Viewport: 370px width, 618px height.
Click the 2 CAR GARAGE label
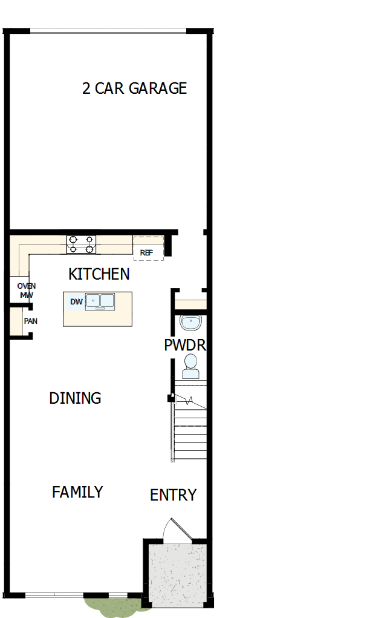point(134,88)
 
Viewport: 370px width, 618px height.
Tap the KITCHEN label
point(99,274)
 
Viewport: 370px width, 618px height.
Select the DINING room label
point(75,398)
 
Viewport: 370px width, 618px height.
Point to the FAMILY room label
point(77,492)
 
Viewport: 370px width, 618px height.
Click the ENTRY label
point(173,495)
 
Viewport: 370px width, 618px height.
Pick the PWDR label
point(185,346)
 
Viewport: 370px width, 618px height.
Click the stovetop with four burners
point(81,244)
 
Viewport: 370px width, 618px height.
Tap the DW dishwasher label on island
point(76,301)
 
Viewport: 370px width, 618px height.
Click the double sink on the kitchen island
point(100,301)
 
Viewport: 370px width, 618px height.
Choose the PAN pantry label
point(30,321)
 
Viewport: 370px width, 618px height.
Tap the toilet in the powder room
point(190,366)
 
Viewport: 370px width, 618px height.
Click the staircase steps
point(190,433)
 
